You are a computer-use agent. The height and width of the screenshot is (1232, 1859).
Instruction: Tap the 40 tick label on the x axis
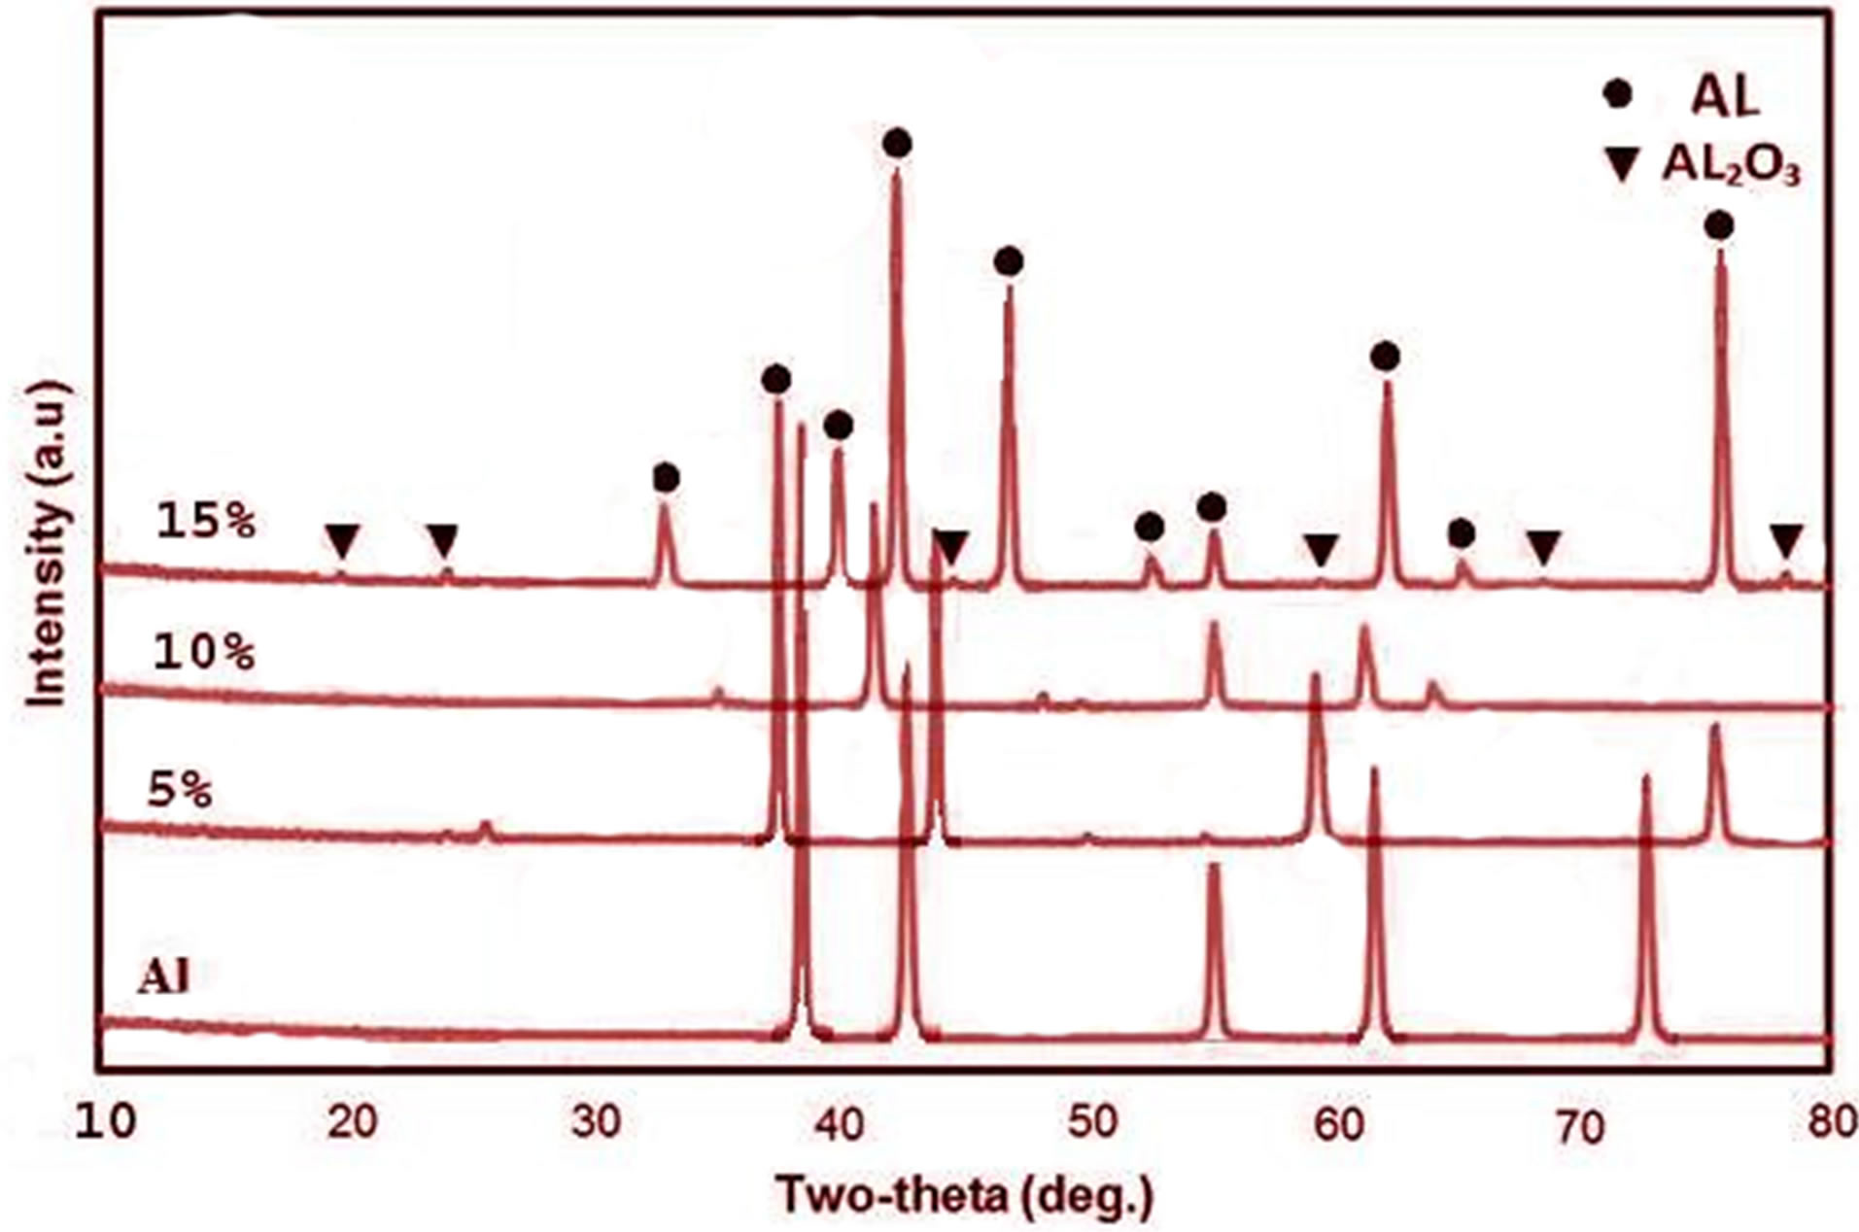843,1124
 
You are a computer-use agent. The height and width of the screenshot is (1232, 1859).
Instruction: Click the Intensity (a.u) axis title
47,544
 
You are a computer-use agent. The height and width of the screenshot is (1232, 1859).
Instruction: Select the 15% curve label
206,522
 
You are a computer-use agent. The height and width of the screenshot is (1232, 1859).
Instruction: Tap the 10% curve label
204,653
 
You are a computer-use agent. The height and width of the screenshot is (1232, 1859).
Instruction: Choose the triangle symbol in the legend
1621,166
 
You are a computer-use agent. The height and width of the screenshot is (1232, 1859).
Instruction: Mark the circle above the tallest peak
898,145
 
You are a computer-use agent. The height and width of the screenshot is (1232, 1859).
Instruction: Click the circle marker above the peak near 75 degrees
1719,226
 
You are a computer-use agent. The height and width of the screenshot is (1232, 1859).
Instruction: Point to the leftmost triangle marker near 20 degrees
342,539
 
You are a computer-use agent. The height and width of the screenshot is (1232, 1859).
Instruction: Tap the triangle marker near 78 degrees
1786,539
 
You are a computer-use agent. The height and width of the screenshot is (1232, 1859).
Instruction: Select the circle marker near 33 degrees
666,478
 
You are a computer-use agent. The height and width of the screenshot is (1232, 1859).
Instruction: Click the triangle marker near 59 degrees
1321,549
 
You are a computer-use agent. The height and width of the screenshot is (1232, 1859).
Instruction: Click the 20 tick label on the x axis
352,1124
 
